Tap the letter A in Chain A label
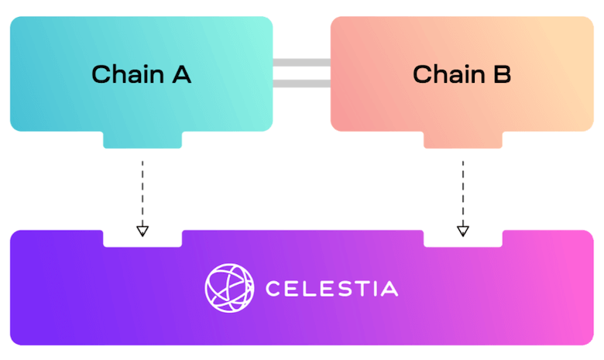(180, 75)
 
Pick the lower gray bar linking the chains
(301, 84)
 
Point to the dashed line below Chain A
(142, 190)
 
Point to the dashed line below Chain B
(463, 190)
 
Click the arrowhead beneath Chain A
(142, 229)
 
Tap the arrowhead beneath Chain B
(463, 229)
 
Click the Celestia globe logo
(229, 288)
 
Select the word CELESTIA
(331, 289)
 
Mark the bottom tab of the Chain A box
(142, 139)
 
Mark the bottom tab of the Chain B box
(463, 139)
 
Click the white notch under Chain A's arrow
(142, 240)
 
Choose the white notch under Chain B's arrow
(463, 240)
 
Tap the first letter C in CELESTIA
(273, 289)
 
